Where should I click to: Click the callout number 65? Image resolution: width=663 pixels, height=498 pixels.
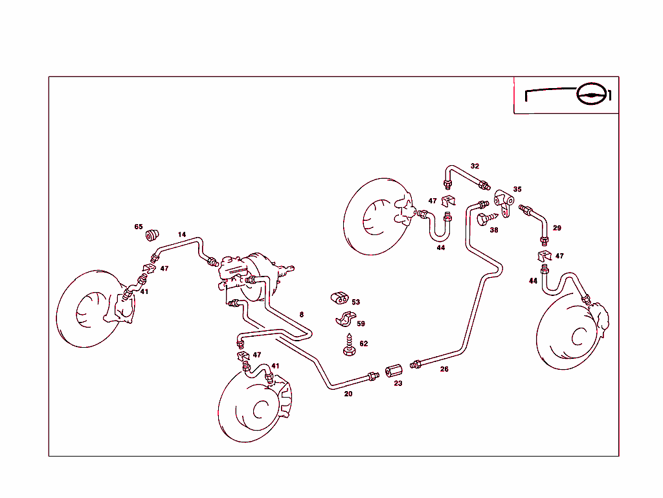pyautogui.click(x=139, y=227)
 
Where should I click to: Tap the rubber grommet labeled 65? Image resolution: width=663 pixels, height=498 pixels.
pyautogui.click(x=153, y=234)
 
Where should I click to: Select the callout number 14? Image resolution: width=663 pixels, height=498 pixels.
pyautogui.click(x=182, y=234)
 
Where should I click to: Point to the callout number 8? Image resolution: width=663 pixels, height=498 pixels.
pyautogui.click(x=301, y=315)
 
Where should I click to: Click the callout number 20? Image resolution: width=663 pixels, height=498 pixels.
pyautogui.click(x=348, y=394)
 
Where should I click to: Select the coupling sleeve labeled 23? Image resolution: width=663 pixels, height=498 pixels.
pyautogui.click(x=394, y=372)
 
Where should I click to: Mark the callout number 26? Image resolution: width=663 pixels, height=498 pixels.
pyautogui.click(x=444, y=369)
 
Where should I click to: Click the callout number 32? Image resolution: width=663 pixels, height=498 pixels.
pyautogui.click(x=475, y=166)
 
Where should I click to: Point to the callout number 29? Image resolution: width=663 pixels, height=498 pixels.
pyautogui.click(x=557, y=228)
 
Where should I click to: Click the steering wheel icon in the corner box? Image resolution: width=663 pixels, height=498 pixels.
pyautogui.click(x=594, y=95)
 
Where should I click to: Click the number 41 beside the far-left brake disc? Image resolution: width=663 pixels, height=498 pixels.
pyautogui.click(x=144, y=291)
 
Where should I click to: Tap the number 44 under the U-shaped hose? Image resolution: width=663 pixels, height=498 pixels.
pyautogui.click(x=441, y=247)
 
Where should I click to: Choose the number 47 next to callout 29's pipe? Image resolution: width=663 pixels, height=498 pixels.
pyautogui.click(x=559, y=256)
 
